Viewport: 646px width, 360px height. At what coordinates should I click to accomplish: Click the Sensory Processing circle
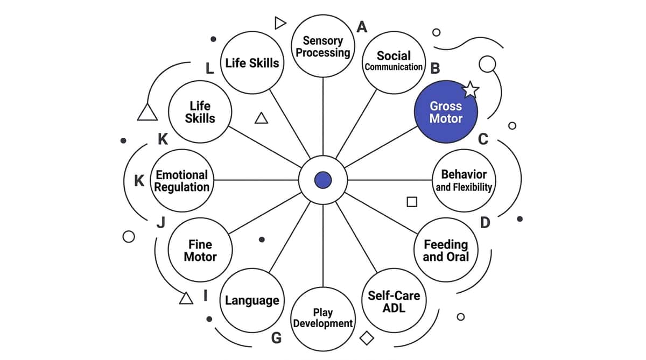coord(322,46)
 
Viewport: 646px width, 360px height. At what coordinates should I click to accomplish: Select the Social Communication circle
coord(394,62)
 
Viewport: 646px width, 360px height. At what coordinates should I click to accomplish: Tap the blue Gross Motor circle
coord(446,112)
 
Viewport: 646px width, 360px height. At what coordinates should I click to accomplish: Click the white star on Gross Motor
coord(471,90)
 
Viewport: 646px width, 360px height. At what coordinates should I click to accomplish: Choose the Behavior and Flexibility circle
coord(464,180)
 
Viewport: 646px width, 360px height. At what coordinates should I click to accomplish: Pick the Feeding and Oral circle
coord(446,250)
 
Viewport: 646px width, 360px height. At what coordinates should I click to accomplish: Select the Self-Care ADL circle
coord(394,301)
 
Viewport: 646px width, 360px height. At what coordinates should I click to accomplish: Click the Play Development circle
coord(322,319)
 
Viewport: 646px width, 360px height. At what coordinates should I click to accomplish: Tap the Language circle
coord(252,301)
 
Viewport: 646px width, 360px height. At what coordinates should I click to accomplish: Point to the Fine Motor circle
coord(200,250)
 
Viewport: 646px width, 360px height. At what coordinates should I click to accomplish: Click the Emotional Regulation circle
coord(182,180)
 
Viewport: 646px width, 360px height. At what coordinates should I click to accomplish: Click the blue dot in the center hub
coord(323,180)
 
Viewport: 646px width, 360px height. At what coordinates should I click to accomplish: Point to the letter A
coord(362,27)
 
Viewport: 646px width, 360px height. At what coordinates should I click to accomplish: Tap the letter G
coord(276,338)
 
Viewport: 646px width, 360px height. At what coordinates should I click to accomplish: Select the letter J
coord(161,223)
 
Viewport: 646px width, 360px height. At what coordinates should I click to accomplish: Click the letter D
coord(485,223)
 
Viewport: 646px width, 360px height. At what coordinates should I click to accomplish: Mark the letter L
coord(209,68)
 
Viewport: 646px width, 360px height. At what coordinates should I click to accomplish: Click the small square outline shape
coord(412,202)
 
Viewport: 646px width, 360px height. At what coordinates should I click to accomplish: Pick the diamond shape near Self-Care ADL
coord(367,338)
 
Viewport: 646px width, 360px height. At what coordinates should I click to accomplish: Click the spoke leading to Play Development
coord(322,245)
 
